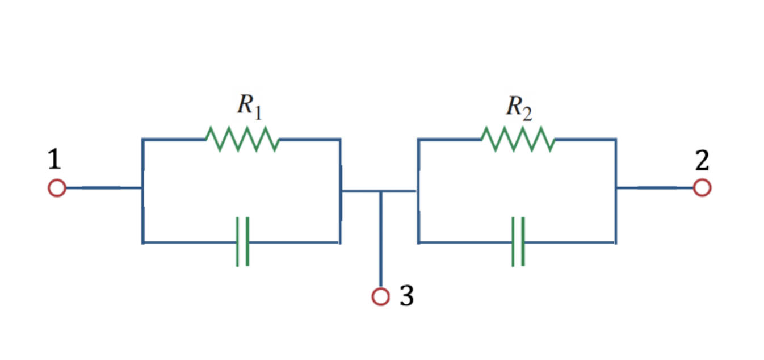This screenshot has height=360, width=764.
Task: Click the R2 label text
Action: [519, 108]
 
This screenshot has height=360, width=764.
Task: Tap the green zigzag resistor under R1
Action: [242, 139]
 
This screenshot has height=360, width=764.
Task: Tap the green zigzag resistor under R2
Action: [518, 139]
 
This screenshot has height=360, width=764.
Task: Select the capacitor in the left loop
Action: [242, 241]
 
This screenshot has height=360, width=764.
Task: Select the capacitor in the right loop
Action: [518, 241]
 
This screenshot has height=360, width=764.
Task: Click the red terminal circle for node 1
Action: [57, 188]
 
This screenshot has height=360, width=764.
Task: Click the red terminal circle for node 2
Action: [702, 188]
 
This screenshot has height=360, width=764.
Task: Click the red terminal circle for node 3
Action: [381, 296]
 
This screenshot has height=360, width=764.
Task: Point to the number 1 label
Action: [54, 159]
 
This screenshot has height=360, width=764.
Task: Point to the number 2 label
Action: [703, 160]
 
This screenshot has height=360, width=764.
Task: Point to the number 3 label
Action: [407, 295]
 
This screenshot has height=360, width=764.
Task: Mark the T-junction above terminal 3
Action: [381, 191]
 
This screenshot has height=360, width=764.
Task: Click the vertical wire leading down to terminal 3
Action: [381, 239]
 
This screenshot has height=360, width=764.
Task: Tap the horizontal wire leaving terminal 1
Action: [104, 188]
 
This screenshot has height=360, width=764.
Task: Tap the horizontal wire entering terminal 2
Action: [655, 188]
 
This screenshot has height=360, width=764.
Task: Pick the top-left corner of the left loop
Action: [143, 139]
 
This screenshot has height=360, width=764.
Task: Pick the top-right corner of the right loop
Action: [616, 139]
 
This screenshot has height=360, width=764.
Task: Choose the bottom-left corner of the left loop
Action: [143, 242]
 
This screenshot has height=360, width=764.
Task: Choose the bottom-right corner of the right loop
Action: [616, 242]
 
